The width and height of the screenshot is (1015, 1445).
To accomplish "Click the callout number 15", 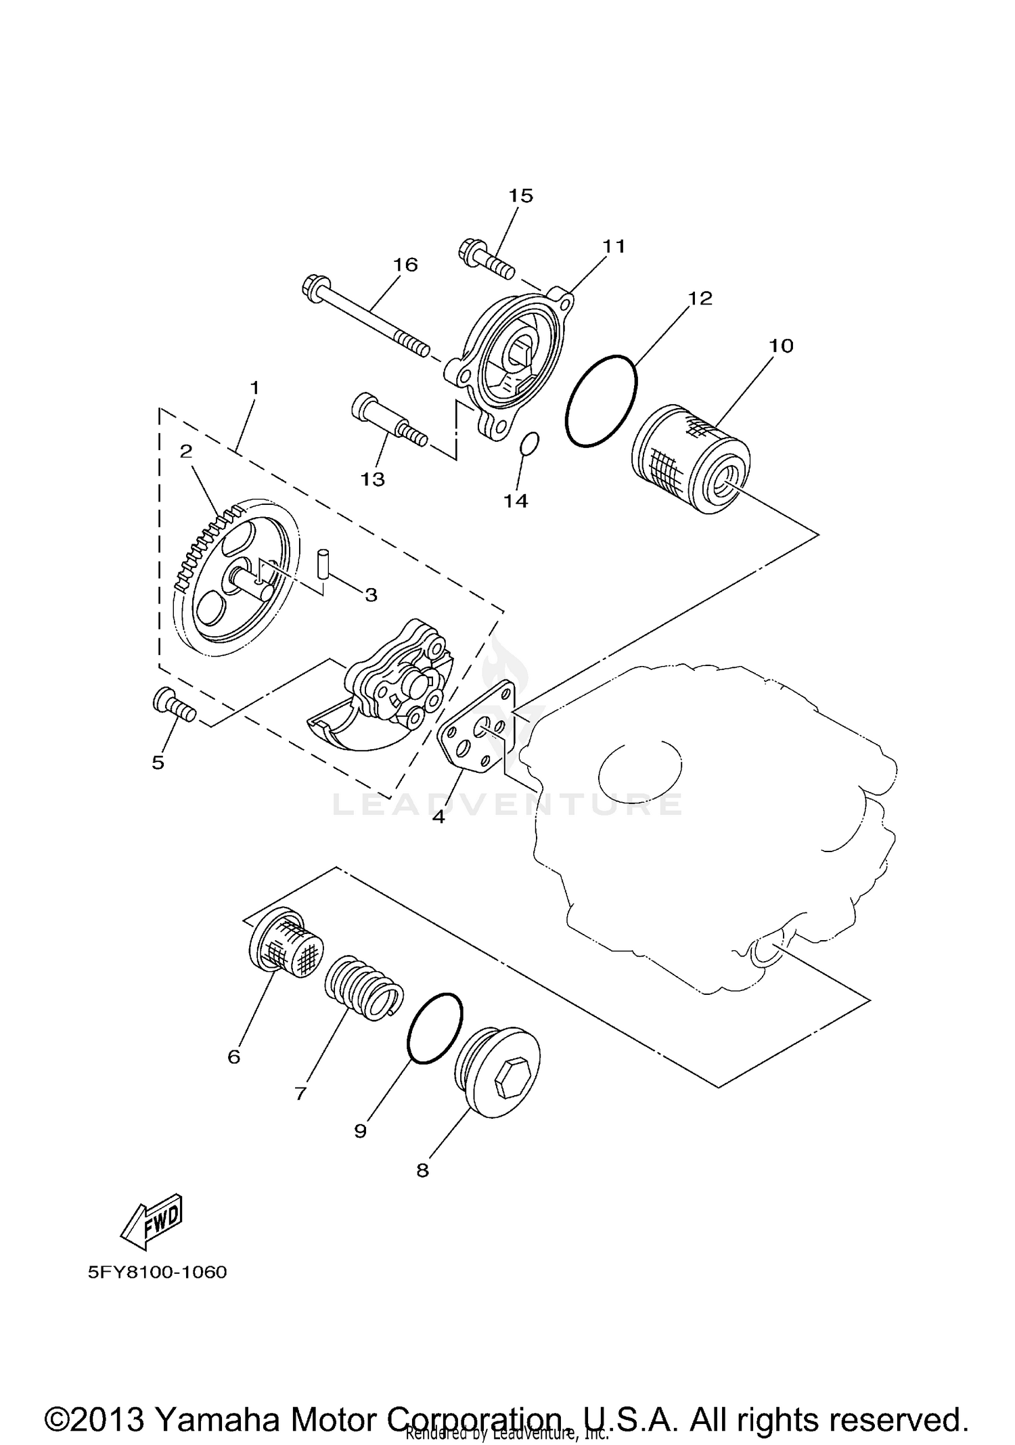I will click(520, 196).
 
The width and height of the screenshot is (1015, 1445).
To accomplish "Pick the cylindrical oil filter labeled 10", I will click(690, 459).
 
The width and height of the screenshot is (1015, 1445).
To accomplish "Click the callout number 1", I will click(254, 388).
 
